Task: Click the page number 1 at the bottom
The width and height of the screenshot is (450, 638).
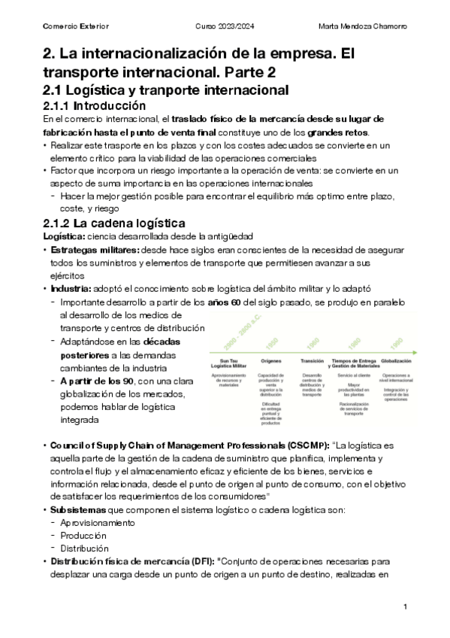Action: coord(405,606)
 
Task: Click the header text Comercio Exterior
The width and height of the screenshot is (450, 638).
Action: coord(76,27)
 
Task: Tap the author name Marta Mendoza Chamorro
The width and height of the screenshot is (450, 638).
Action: coord(363,27)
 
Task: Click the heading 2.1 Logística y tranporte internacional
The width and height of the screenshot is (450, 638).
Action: coord(166,90)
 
